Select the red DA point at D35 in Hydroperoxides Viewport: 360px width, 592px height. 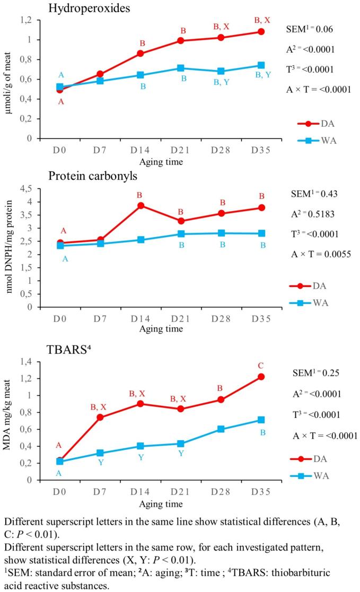point(261,32)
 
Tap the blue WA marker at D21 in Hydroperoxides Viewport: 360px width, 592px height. point(181,68)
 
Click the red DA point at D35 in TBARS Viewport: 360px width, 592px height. point(261,377)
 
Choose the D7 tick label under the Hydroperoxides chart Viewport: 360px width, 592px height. point(101,150)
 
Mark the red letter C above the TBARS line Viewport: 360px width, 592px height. point(261,365)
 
